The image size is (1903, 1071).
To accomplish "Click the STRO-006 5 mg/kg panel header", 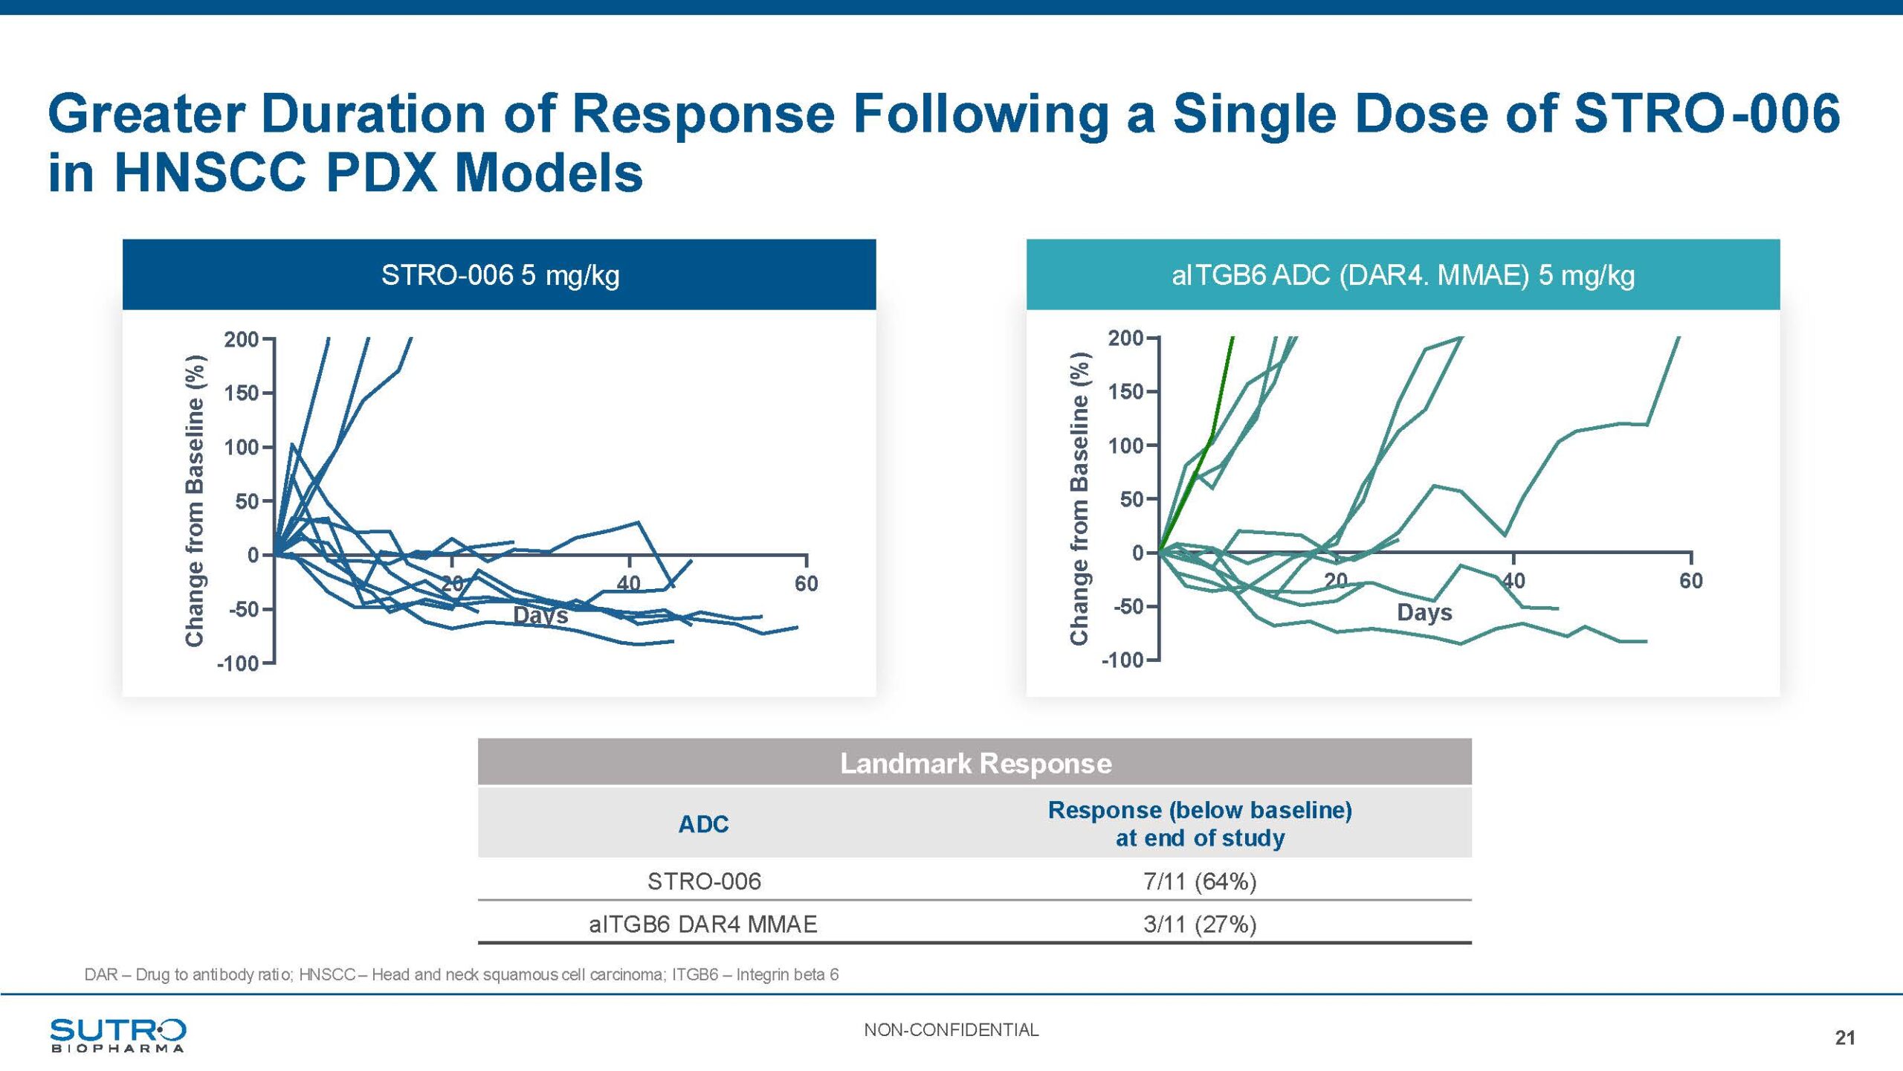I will click(500, 275).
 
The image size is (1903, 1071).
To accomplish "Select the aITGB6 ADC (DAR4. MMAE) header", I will click(1403, 275).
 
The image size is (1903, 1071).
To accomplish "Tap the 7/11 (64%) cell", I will click(1200, 881).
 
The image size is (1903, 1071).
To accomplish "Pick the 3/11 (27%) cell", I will click(1200, 924).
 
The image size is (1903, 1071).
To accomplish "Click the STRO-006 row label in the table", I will click(704, 881).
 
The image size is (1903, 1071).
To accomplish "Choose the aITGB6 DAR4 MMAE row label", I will click(702, 924).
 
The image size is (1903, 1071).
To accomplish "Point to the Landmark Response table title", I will click(975, 764).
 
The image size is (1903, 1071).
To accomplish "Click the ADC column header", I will click(703, 824).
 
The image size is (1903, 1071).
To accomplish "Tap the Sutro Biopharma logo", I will click(117, 1035).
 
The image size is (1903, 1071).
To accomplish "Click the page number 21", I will click(1845, 1038).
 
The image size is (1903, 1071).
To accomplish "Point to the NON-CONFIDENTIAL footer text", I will click(951, 1030).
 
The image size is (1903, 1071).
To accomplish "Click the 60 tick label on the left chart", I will click(806, 584).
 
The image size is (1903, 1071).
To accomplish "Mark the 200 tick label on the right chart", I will click(1125, 338).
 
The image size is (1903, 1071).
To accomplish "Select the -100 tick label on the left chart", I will click(237, 663).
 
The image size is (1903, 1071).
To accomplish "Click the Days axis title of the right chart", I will click(1424, 613).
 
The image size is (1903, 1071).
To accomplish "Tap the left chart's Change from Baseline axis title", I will click(195, 501).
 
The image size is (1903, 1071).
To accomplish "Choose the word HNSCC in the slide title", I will click(210, 173).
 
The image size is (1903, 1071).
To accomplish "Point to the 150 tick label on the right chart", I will click(1125, 392).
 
